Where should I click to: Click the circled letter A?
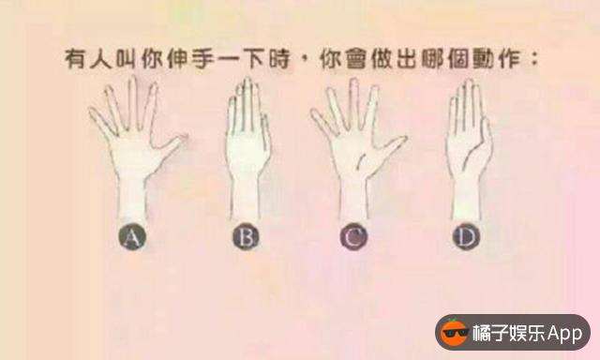pos(131,237)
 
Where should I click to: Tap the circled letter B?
pos(246,237)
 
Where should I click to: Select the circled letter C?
pos(353,237)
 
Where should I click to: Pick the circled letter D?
pos(466,237)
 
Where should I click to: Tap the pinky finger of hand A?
pos(102,121)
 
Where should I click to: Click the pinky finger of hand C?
pos(322,123)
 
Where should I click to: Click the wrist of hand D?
pos(467,199)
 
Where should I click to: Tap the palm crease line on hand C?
pos(361,160)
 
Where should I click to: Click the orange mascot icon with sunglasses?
pos(454,333)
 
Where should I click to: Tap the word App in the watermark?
pos(564,333)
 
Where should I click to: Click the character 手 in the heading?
pos(202,60)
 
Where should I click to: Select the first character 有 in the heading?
pos(75,60)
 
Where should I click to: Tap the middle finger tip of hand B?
pos(247,82)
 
